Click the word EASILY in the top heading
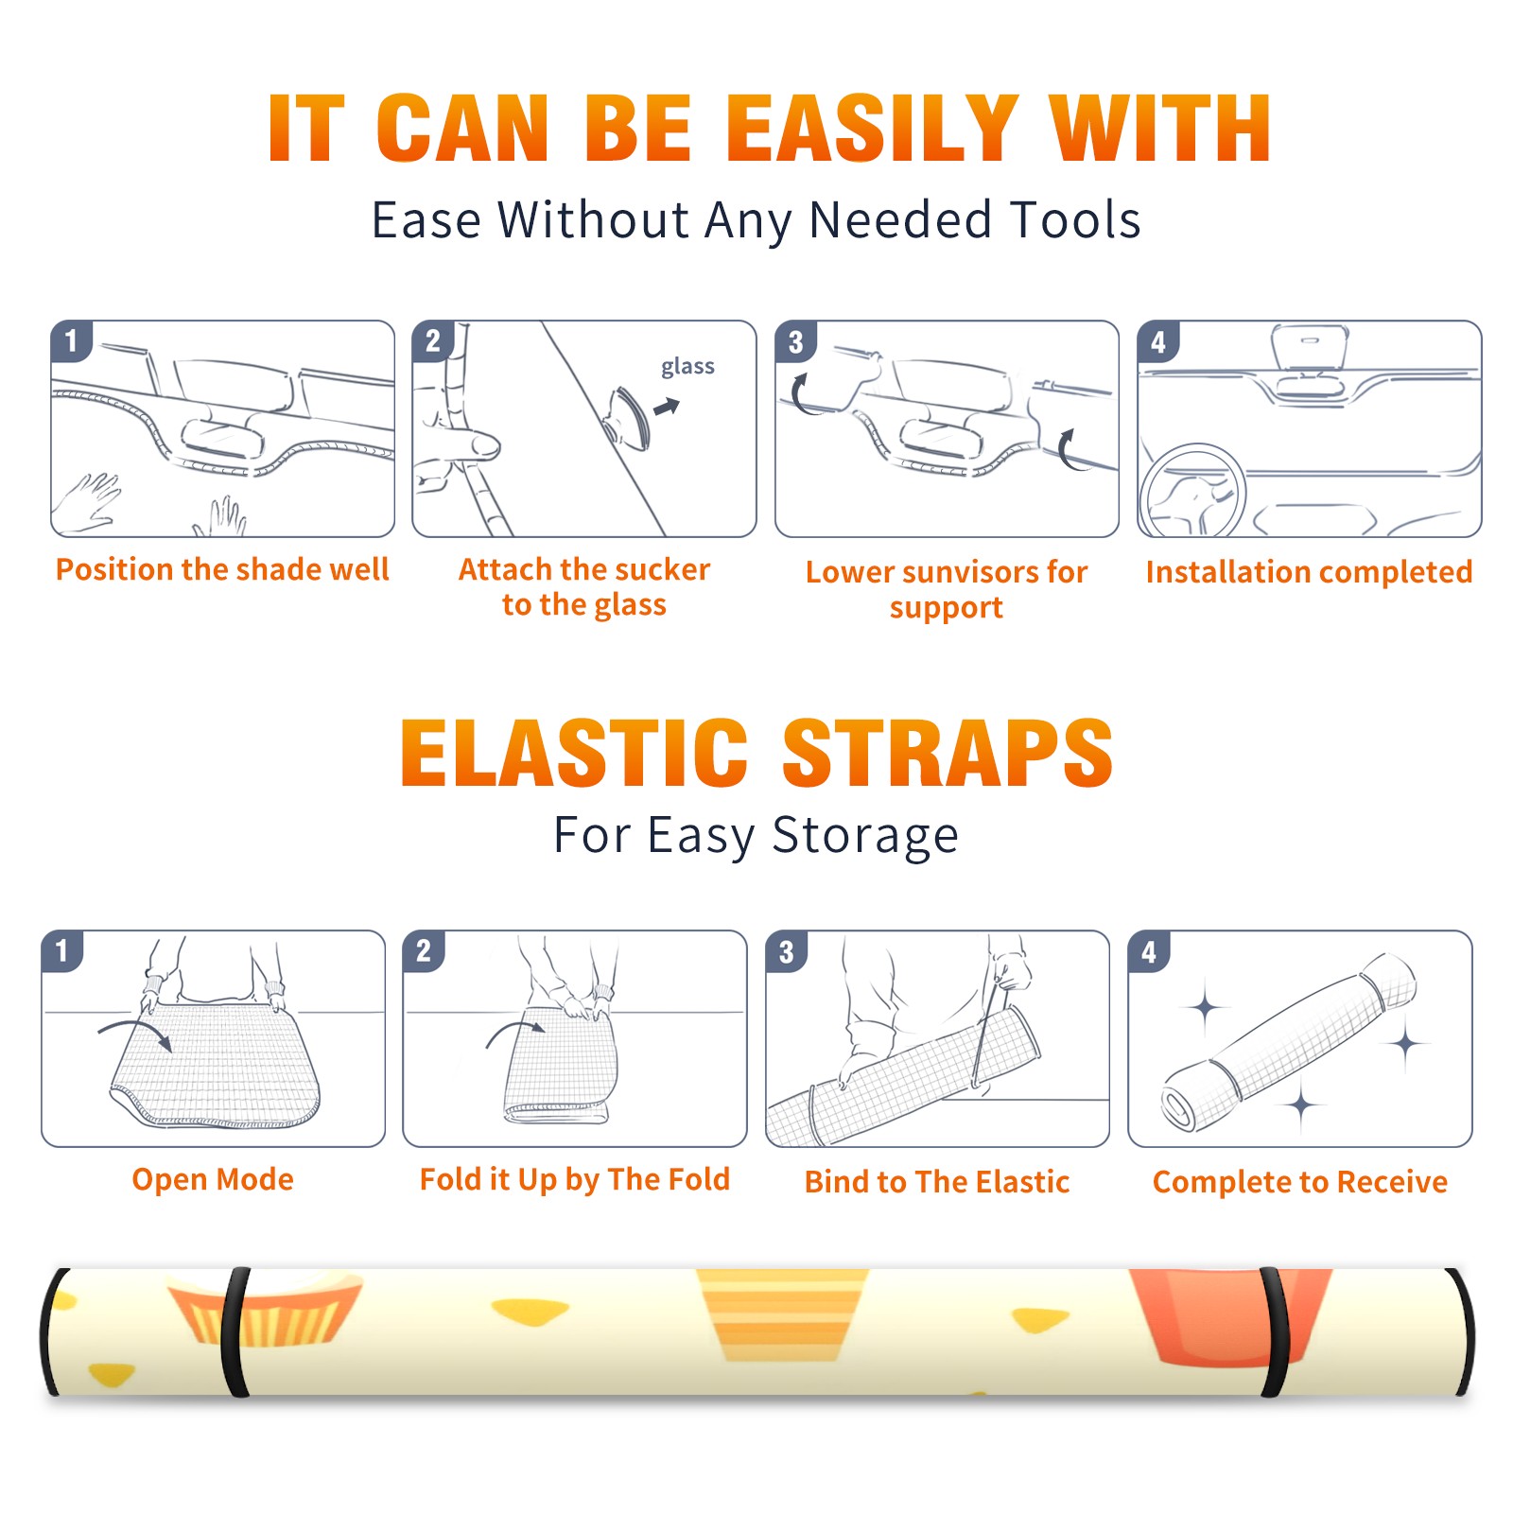click(x=873, y=129)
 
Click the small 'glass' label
click(x=687, y=367)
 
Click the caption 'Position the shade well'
click(x=222, y=569)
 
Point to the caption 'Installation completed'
click(x=1309, y=572)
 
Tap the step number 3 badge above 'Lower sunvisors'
click(x=795, y=341)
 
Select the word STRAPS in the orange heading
click(x=948, y=753)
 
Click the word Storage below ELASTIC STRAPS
click(x=865, y=836)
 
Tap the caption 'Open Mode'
click(x=213, y=1179)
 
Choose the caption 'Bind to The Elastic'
click(x=937, y=1182)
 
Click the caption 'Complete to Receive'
click(x=1300, y=1182)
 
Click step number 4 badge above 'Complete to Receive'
click(x=1149, y=951)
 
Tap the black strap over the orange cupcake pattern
click(x=235, y=1331)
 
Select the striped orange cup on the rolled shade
click(x=781, y=1314)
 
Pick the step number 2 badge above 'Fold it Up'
click(x=424, y=951)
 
